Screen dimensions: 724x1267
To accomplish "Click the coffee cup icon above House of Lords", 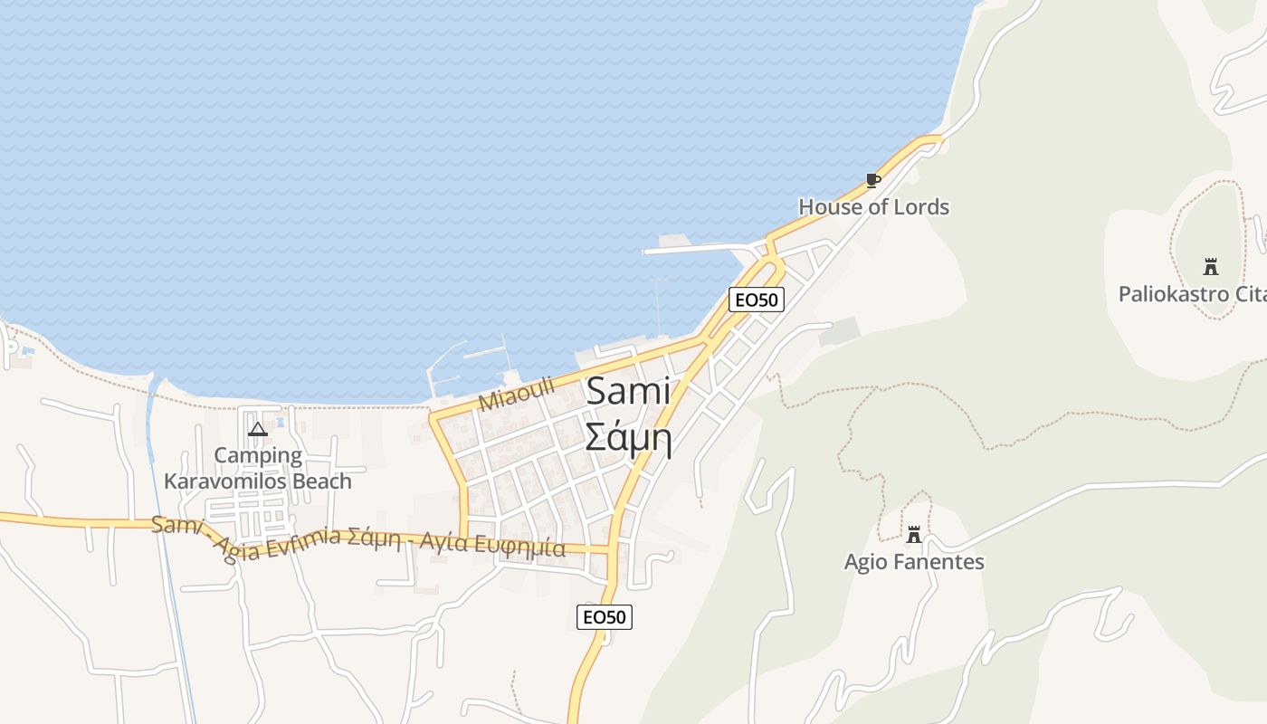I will pyautogui.click(x=872, y=180).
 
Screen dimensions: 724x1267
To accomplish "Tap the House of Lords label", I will pyautogui.click(x=873, y=207).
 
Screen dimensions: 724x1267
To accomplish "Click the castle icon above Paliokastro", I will pyautogui.click(x=1210, y=267).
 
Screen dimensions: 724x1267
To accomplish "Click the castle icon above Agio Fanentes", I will pyautogui.click(x=914, y=534).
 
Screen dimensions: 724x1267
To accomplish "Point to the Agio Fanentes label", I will pyautogui.click(x=914, y=562).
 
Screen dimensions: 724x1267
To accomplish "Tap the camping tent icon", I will pyautogui.click(x=258, y=429).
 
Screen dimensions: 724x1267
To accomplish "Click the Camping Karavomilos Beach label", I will pyautogui.click(x=258, y=468).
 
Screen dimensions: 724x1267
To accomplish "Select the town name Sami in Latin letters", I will pyautogui.click(x=629, y=392).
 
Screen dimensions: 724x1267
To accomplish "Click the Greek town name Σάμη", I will pyautogui.click(x=628, y=437).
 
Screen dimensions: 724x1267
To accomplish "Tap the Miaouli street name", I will pyautogui.click(x=516, y=395).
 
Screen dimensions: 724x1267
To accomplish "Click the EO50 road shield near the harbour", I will pyautogui.click(x=756, y=300).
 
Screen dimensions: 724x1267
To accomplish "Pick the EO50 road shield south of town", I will pyautogui.click(x=605, y=617).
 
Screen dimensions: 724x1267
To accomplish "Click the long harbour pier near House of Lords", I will pyautogui.click(x=697, y=248).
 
